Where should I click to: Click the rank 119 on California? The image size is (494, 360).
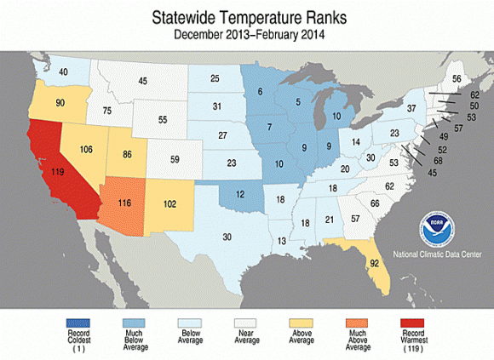tap(58, 172)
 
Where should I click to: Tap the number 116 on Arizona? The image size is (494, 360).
tap(124, 203)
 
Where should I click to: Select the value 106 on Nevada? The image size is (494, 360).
tap(86, 149)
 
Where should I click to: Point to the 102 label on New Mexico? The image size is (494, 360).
tap(169, 204)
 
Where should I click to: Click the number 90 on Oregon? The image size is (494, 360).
tap(60, 103)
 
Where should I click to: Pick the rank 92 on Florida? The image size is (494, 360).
tap(374, 263)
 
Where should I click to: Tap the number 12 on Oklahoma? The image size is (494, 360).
tap(240, 195)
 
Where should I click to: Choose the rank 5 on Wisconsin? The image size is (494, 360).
tap(298, 102)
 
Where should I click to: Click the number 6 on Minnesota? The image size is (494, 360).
tap(260, 92)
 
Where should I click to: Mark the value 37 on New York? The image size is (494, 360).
tap(411, 108)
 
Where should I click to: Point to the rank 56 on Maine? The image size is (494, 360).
tap(457, 78)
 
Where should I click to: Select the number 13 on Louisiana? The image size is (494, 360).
tap(282, 241)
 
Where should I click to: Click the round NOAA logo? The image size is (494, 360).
tap(437, 229)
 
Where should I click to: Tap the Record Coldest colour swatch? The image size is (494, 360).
tap(78, 323)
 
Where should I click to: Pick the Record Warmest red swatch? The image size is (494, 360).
tap(412, 323)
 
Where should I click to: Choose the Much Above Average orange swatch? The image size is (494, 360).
tap(357, 323)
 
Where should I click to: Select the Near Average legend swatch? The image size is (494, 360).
tap(245, 323)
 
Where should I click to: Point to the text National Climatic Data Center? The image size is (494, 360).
tap(437, 254)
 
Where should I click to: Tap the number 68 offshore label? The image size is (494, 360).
tap(438, 161)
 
